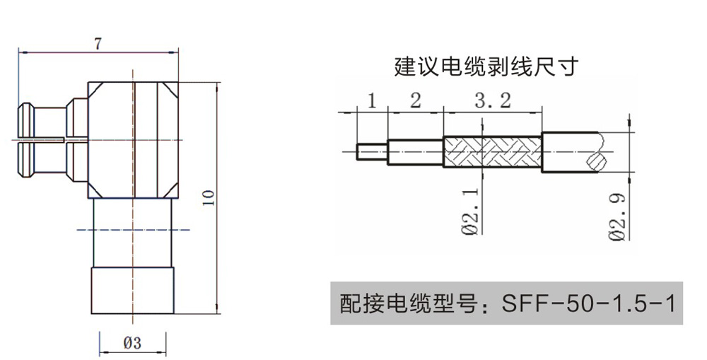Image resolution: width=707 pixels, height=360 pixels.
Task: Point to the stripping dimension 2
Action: click(x=415, y=100)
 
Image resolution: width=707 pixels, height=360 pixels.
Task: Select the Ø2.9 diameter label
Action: click(x=620, y=218)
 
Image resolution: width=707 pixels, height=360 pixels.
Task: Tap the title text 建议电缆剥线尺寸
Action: click(x=486, y=67)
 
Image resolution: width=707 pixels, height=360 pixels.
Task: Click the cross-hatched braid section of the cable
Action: click(x=492, y=152)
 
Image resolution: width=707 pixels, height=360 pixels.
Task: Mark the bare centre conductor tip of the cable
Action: click(x=372, y=151)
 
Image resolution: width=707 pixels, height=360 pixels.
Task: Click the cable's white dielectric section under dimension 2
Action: click(x=415, y=151)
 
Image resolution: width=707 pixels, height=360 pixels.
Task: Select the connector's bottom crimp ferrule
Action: click(x=132, y=290)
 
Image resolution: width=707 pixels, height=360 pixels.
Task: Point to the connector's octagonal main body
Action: click(x=132, y=139)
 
